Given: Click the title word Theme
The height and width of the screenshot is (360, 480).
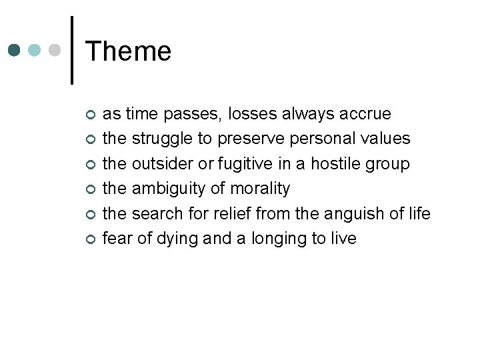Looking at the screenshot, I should (x=129, y=51).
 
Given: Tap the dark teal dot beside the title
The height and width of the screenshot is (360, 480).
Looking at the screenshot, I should (x=15, y=51).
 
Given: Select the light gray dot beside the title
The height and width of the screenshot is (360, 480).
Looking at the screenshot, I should (x=56, y=51).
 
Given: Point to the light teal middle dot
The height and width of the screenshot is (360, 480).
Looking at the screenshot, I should (x=35, y=51).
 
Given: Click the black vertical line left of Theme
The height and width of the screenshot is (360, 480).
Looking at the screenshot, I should (x=71, y=51).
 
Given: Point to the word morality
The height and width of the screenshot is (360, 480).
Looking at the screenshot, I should (x=259, y=189).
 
